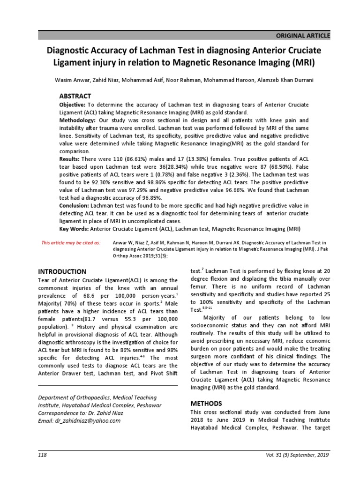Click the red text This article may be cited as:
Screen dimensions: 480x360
71,243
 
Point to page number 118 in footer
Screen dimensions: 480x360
43,455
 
